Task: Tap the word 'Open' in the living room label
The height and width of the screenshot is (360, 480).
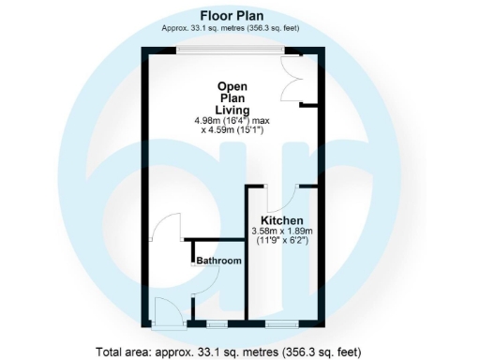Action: tap(232, 83)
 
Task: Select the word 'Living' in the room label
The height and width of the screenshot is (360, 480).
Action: tap(232, 108)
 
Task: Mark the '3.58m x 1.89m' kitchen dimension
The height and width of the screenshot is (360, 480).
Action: tap(281, 232)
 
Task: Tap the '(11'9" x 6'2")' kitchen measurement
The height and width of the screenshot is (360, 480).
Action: tap(281, 241)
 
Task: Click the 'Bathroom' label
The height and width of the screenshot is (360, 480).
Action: tap(219, 261)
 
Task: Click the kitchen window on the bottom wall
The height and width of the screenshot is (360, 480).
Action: tap(278, 324)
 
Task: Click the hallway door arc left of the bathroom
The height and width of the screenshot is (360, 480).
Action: tap(167, 232)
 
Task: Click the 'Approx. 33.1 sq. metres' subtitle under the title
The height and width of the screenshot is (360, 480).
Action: tap(231, 28)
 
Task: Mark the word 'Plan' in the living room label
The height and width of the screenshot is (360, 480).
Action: tap(232, 96)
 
